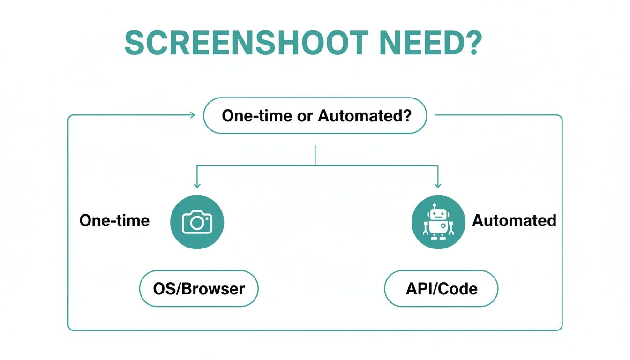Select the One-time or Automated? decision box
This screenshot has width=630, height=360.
coord(315,116)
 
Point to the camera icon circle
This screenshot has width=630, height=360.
coord(197,222)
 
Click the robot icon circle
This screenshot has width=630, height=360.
coord(438,222)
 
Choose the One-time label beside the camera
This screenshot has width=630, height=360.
coord(114,220)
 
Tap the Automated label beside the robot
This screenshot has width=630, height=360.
coord(514,220)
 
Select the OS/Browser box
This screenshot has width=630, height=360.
coord(199,288)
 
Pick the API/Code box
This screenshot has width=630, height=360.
coord(441,288)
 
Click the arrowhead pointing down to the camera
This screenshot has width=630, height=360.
coord(197,185)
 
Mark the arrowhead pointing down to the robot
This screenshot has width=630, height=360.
coord(438,185)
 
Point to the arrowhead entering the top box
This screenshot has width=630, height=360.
coord(192,115)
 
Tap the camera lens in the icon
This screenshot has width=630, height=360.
coord(197,223)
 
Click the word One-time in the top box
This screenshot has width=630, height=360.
coord(253,116)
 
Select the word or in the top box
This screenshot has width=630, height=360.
coord(304,116)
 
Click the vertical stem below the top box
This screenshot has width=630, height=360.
coord(315,155)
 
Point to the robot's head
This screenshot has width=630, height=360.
coord(438,215)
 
